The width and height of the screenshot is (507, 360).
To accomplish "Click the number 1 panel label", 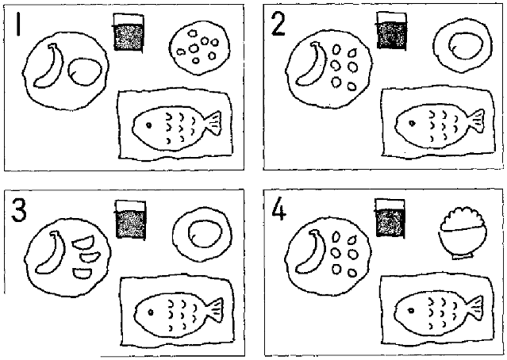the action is point(18,24).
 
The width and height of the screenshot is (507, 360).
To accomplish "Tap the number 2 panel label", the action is point(278,25).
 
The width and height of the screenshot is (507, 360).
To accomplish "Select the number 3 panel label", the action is point(19,210).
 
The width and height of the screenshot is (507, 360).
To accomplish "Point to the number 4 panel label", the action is point(278,209).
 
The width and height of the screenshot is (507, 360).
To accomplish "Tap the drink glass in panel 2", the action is point(392,31).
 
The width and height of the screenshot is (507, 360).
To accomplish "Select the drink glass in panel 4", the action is point(390,218).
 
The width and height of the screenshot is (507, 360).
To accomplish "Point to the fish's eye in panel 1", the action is point(148,125).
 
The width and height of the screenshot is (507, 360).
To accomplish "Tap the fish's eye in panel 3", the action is point(150,312).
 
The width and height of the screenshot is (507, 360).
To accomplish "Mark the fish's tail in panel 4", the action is point(475,308).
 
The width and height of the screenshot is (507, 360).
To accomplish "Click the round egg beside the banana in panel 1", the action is point(85,71).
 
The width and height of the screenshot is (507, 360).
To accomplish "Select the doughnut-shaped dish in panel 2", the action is point(463,45).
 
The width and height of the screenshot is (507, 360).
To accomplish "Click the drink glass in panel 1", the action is point(129,32).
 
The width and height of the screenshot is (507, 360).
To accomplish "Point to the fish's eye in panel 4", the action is point(411,311).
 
